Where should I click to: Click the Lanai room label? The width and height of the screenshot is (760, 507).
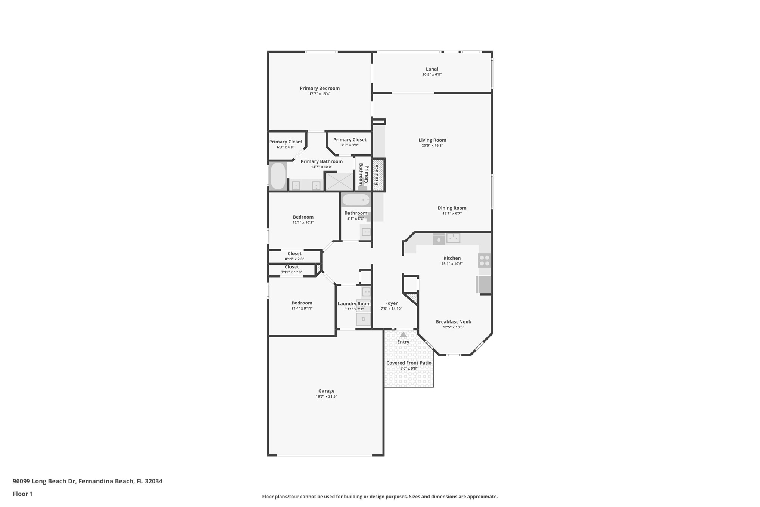(432, 69)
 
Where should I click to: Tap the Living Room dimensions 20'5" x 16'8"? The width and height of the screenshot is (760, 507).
(432, 146)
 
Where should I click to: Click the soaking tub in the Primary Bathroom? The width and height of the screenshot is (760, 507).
(278, 176)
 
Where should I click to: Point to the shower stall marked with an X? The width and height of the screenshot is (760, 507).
(339, 182)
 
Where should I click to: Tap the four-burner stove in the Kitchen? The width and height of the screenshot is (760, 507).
(485, 260)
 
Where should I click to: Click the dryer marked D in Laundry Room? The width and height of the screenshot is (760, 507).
(363, 319)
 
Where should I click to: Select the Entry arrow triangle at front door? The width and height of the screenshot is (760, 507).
(403, 335)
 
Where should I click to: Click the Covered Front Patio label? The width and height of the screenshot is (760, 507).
(409, 363)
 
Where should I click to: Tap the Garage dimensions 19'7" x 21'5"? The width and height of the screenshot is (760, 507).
(326, 396)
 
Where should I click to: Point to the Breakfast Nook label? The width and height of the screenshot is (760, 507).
(454, 322)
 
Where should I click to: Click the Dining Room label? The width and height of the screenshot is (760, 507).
(452, 208)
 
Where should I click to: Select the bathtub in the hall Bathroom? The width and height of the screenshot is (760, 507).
(356, 200)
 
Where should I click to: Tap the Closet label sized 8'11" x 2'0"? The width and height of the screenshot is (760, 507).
(294, 254)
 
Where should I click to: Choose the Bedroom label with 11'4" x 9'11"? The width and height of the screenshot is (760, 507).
(302, 303)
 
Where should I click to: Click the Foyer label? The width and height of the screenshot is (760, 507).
(391, 303)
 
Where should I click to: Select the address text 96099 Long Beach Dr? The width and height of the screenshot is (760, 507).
(44, 481)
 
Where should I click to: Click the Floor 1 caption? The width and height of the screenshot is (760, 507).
(23, 494)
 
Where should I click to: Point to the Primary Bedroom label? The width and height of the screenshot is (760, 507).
(320, 89)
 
